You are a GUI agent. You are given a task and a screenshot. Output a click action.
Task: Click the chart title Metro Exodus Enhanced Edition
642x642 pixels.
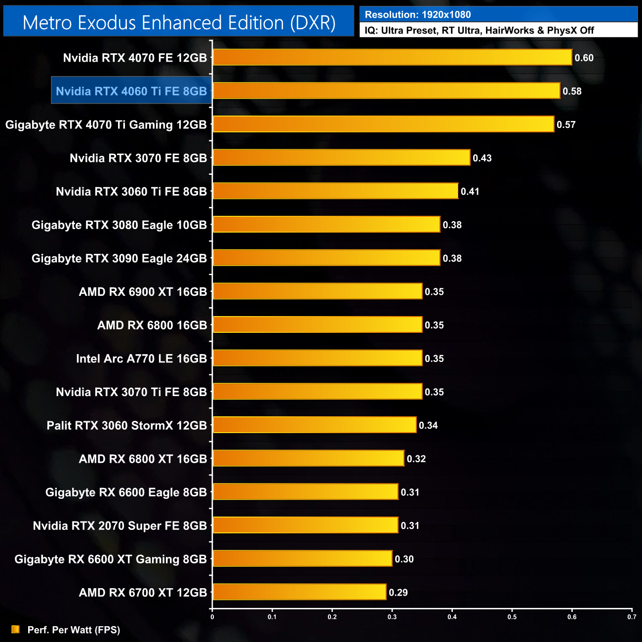point(179,23)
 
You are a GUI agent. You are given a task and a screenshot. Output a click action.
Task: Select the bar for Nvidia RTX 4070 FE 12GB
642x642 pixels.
point(392,57)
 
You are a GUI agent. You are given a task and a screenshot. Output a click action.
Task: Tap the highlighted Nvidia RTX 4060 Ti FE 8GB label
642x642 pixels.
point(131,91)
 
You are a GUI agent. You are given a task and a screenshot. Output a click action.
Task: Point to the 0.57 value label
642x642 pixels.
point(566,124)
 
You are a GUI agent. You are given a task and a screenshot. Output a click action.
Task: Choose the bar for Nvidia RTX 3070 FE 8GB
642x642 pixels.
point(341,158)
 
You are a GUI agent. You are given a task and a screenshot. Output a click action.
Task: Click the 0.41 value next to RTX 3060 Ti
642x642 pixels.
point(470,191)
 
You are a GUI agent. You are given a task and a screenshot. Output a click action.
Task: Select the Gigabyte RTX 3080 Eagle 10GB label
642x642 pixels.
point(119,225)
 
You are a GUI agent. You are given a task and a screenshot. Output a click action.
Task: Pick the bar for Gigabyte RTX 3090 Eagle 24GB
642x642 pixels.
point(326,258)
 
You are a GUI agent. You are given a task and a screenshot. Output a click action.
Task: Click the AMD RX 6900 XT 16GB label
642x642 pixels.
point(143,291)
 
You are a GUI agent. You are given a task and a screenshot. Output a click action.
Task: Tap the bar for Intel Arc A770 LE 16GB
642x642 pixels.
point(317,358)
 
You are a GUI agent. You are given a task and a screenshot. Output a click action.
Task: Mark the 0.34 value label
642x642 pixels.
point(428,425)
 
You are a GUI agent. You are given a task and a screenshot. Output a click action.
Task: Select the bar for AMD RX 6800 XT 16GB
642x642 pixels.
point(308,458)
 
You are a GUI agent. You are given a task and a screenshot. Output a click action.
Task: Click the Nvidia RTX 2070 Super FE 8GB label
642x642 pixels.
point(120,525)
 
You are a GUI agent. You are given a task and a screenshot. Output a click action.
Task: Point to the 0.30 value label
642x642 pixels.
point(404,559)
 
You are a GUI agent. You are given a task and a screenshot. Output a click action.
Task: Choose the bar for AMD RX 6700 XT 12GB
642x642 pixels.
point(299,592)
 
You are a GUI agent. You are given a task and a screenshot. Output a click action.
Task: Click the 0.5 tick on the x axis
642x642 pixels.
point(512,617)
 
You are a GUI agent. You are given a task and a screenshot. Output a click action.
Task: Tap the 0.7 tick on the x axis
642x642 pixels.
point(632,617)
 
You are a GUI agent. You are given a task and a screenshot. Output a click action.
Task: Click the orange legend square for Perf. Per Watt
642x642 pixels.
point(16,629)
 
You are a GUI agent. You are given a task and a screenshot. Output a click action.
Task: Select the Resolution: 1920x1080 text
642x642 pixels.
point(418,15)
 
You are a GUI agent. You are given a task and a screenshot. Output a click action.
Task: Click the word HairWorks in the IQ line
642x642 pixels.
point(509,31)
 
